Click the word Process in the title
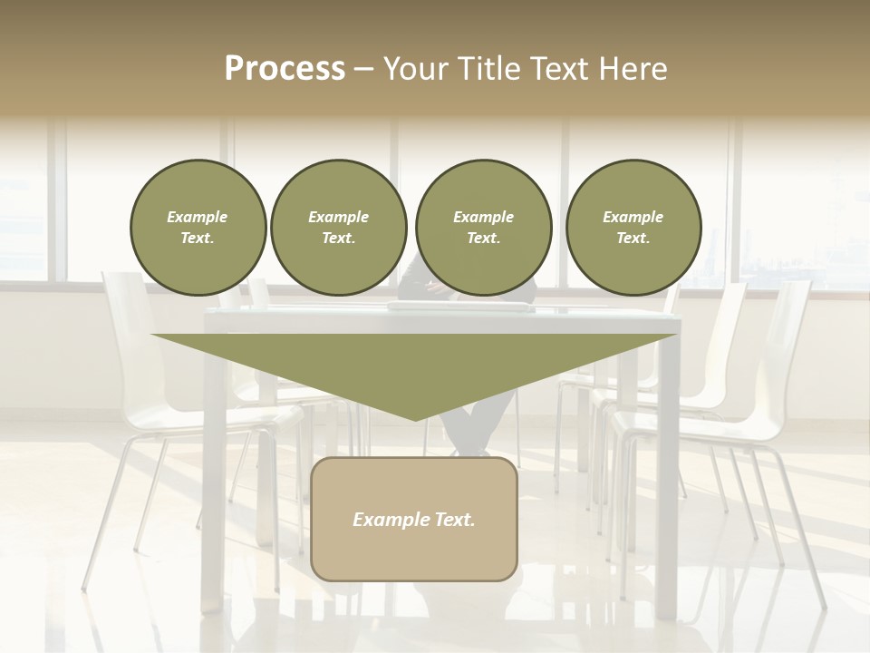(285, 69)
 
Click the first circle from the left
(198, 228)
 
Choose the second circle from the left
(338, 228)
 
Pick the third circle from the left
(483, 228)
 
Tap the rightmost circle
(633, 228)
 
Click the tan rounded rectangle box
(414, 519)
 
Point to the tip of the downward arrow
(415, 419)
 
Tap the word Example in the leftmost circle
(198, 217)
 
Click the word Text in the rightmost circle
(633, 239)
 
